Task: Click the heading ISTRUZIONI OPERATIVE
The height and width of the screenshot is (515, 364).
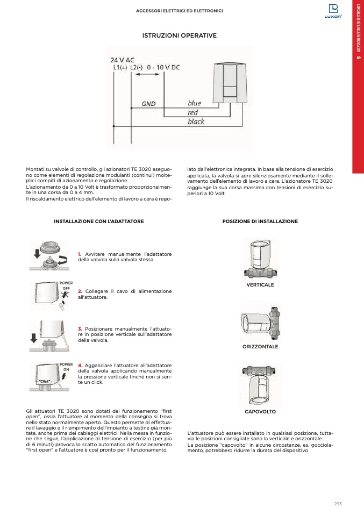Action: [x=179, y=35]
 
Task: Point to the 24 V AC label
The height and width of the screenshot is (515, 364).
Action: [x=122, y=60]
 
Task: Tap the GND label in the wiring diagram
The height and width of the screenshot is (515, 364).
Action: [x=148, y=103]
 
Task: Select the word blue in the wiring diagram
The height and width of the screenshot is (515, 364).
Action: [x=194, y=103]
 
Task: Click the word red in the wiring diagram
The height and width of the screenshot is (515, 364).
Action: [x=192, y=112]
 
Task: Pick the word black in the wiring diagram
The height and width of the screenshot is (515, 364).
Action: [x=196, y=122]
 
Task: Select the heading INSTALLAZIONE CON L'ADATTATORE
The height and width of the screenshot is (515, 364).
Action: [x=99, y=221]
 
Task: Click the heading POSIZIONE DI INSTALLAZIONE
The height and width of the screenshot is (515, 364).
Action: [x=260, y=221]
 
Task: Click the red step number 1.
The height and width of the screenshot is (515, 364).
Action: [x=79, y=254]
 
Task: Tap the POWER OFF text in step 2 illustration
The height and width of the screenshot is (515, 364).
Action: [x=66, y=285]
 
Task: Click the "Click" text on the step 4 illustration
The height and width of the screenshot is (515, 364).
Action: [x=44, y=381]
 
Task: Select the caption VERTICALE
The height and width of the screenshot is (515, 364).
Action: [x=260, y=284]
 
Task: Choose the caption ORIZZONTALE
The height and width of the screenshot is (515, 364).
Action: [x=260, y=347]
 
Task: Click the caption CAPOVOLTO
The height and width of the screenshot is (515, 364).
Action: [x=260, y=411]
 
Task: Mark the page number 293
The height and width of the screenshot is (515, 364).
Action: [x=338, y=504]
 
